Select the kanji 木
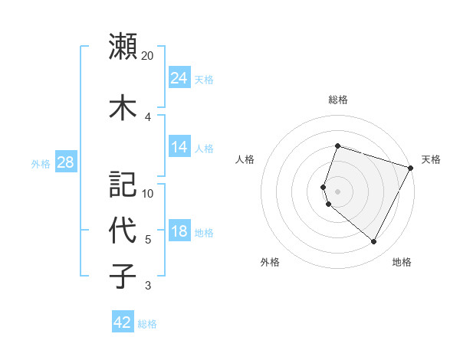(123, 107)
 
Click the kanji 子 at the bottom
(123, 276)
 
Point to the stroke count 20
(148, 56)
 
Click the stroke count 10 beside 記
(148, 194)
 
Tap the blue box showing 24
(179, 78)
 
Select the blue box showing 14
(179, 147)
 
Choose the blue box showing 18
(179, 232)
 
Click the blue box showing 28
(65, 163)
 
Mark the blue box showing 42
(123, 322)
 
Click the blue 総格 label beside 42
(147, 324)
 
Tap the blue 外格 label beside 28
(41, 164)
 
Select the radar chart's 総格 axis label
(337, 100)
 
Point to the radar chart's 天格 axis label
(431, 159)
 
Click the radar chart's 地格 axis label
(402, 262)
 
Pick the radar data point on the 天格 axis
(412, 168)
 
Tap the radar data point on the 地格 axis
(373, 242)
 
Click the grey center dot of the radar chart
(337, 191)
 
